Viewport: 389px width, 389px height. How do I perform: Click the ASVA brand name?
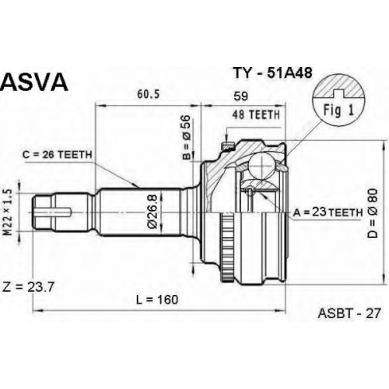tap(34, 81)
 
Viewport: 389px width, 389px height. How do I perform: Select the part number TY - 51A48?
tap(272, 73)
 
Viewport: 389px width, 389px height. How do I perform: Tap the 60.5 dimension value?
tap(149, 94)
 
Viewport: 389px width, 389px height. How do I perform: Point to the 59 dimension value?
tap(241, 96)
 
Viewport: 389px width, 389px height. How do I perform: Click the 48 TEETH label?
tap(256, 114)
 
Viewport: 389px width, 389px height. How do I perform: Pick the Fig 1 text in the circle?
tap(338, 110)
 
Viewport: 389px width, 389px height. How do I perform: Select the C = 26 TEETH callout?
tap(58, 155)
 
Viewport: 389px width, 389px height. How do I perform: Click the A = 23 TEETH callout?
tap(328, 212)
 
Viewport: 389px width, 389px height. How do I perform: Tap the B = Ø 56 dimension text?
tap(187, 137)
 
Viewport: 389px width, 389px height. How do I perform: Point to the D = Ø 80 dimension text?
tap(373, 213)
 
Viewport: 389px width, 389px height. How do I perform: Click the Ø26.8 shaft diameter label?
tap(152, 212)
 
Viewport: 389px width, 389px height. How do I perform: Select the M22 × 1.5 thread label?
tap(9, 212)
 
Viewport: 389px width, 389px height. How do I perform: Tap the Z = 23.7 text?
tap(28, 287)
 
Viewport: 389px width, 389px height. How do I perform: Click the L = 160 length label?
tap(157, 300)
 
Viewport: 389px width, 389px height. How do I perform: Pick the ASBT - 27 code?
tap(349, 314)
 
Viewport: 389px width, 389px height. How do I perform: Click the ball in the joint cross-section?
tap(262, 165)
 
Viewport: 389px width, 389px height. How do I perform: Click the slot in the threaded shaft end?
tap(54, 212)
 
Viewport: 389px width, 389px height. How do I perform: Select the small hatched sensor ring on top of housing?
tap(227, 146)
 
